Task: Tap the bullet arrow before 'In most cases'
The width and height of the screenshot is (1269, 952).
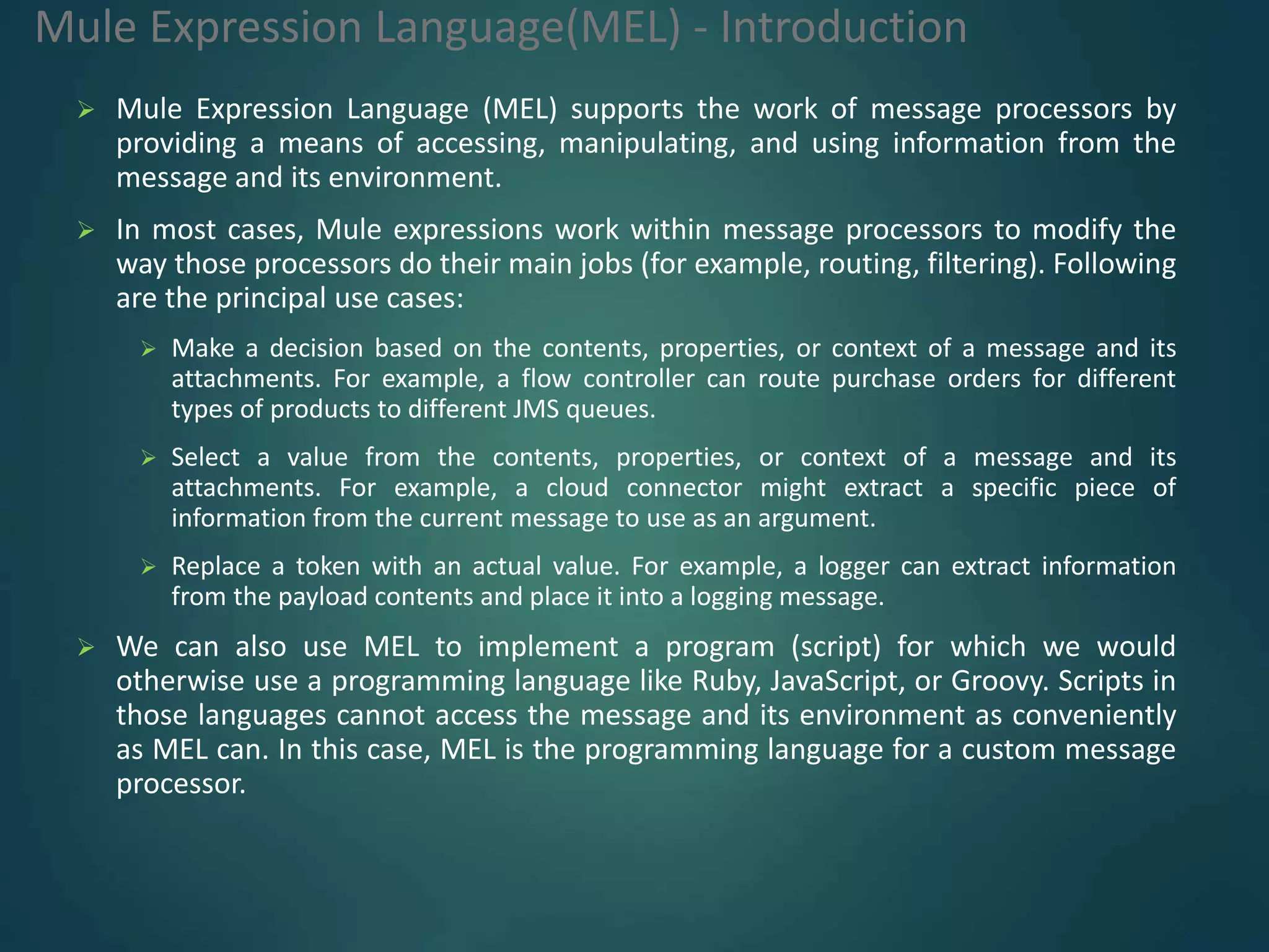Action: coord(86,231)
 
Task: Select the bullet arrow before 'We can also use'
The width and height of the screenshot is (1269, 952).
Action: coord(86,648)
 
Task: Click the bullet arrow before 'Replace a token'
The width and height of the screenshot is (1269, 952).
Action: coord(148,566)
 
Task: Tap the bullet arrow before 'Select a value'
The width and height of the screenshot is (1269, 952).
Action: coord(148,458)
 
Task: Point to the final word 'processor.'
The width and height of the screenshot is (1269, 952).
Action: coord(181,783)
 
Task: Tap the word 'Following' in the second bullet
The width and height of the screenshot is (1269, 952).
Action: coord(1113,265)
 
